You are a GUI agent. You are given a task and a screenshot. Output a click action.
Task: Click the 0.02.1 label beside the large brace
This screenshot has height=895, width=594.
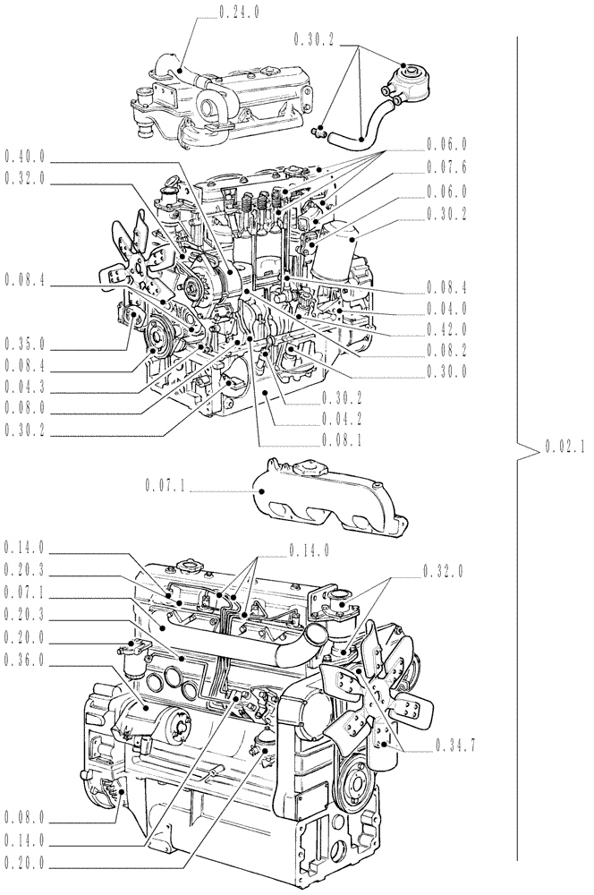coord(564,449)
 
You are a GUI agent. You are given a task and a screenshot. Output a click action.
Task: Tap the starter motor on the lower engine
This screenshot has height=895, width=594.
coord(165,716)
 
